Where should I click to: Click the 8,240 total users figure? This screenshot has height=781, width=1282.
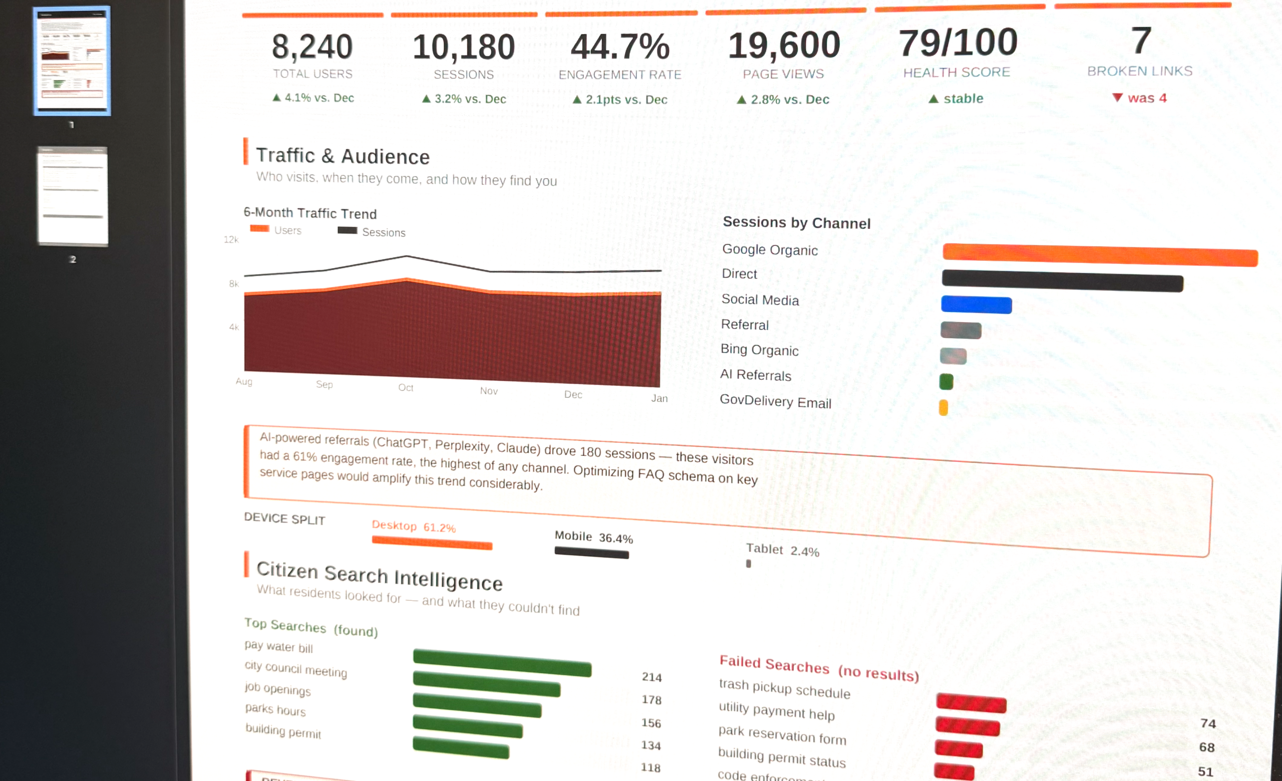tap(312, 47)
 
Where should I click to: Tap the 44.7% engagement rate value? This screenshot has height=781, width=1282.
tap(619, 47)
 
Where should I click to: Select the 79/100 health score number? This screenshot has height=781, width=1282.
tap(958, 43)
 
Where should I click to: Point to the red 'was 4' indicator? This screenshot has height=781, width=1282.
tap(1139, 98)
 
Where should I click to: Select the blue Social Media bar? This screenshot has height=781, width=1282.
tap(976, 305)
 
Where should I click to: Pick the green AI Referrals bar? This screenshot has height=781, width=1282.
tap(946, 382)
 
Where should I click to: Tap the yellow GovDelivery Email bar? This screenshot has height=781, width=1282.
tap(943, 407)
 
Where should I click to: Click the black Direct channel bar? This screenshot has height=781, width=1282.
tap(1062, 281)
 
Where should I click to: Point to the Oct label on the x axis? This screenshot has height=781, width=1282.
tap(405, 388)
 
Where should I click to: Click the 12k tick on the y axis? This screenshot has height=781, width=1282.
tap(230, 239)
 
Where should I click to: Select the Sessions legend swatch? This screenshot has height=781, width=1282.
tap(347, 230)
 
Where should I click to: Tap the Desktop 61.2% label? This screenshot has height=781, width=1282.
tap(414, 527)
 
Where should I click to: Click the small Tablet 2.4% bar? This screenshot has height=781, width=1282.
tap(748, 564)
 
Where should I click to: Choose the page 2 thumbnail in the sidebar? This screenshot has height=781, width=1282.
tap(72, 196)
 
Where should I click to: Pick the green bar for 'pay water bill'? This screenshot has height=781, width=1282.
tap(502, 662)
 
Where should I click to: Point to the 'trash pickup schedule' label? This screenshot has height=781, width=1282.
tap(784, 688)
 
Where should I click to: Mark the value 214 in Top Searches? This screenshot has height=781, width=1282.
tap(652, 677)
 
